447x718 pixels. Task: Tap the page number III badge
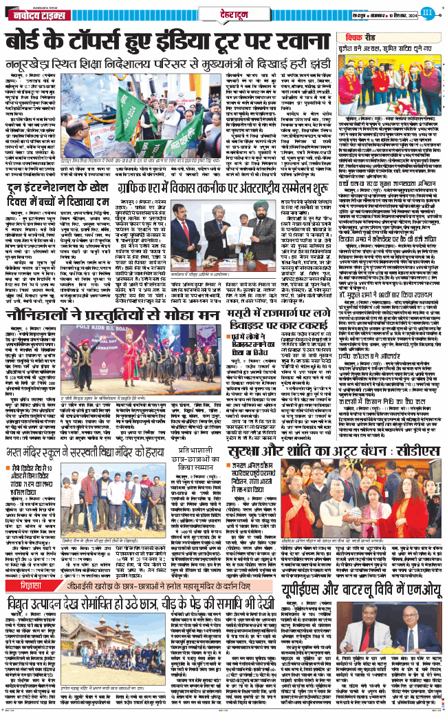point(426,11)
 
